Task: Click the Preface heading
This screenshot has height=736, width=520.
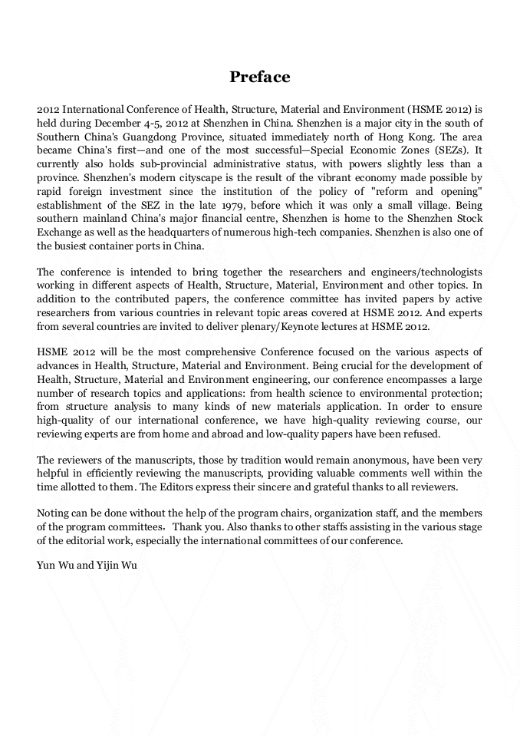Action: pos(259,77)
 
